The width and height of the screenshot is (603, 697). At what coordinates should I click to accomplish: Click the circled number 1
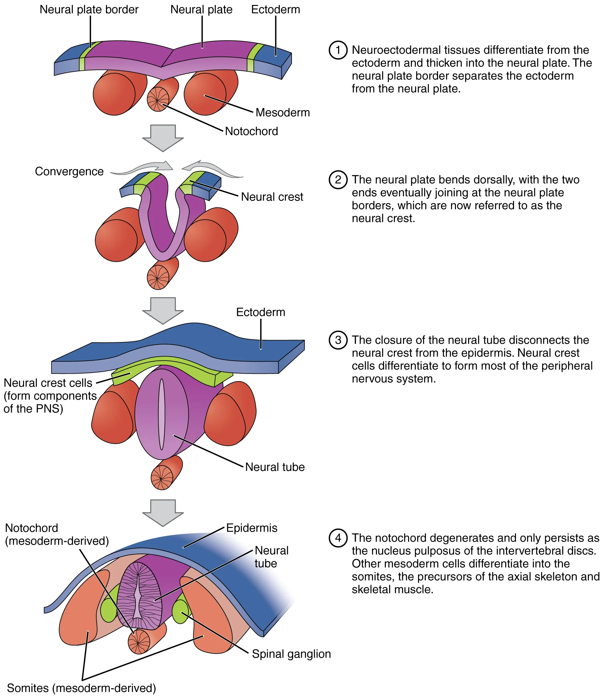[x=338, y=50]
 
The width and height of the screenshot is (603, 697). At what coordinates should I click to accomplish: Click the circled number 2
[x=338, y=180]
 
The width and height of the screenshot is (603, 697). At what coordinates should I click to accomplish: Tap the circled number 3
[x=338, y=340]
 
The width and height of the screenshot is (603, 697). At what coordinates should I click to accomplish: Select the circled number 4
[x=338, y=538]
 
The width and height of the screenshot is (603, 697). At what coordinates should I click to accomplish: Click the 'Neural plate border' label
[x=89, y=10]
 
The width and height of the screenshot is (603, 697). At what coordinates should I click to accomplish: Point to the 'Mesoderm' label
[x=283, y=113]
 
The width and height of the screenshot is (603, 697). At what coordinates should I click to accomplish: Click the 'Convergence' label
[x=69, y=171]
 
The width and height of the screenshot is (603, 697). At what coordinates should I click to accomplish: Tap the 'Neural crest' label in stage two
[x=272, y=197]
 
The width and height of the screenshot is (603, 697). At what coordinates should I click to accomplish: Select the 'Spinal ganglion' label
[x=291, y=653]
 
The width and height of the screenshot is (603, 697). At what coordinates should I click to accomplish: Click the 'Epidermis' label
[x=252, y=528]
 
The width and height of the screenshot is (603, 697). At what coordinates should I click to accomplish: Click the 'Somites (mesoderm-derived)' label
[x=82, y=688]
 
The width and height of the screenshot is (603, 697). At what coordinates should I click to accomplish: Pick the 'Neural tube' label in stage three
[x=275, y=467]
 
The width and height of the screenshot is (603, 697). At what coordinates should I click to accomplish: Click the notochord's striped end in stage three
[x=162, y=478]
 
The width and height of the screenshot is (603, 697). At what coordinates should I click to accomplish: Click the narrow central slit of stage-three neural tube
[x=162, y=414]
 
